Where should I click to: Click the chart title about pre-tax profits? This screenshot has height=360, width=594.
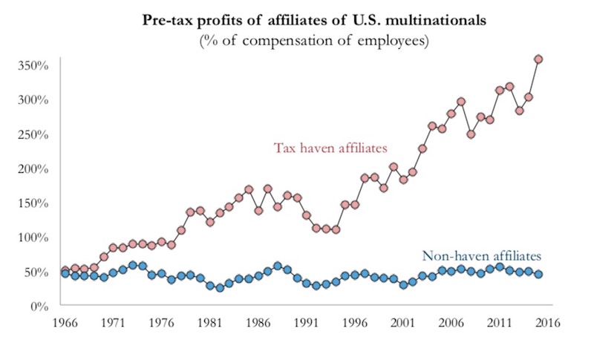point(314,20)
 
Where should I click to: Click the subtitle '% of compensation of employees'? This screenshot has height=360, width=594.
point(314,41)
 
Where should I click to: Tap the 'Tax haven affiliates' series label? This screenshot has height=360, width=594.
point(330,148)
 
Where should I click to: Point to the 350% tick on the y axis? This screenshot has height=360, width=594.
point(33,65)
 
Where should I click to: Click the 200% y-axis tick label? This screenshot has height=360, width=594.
point(33,168)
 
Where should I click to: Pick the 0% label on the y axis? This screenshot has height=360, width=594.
point(39,306)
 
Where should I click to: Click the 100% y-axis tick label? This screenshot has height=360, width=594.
point(33,238)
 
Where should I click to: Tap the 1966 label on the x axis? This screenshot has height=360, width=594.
point(65,323)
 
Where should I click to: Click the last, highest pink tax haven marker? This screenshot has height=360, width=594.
point(538,59)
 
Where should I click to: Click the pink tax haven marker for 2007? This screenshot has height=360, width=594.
point(461,102)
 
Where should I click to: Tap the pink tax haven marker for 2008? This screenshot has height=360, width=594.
point(471,134)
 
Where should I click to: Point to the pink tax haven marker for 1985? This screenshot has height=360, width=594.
point(249,189)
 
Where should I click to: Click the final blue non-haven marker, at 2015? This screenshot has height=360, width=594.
point(538,275)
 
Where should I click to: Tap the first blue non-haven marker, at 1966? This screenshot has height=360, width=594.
point(65,273)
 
